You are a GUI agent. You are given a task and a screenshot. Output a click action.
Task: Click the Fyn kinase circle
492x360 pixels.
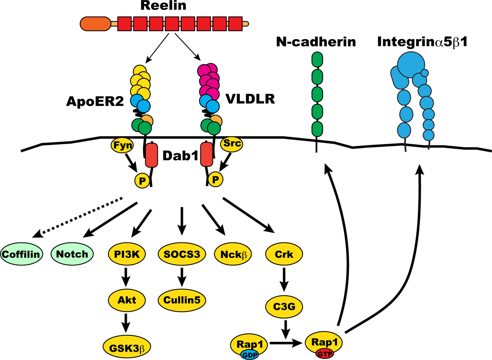point(120,146)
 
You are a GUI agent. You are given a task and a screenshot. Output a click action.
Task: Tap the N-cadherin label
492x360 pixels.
point(315,42)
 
